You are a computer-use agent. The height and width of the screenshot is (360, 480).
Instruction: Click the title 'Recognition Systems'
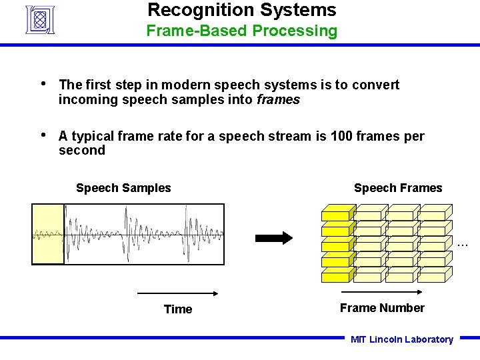pyautogui.click(x=241, y=10)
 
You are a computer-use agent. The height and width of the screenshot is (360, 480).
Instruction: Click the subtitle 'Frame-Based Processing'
pyautogui.click(x=241, y=31)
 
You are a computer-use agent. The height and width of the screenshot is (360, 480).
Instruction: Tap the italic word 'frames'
pyautogui.click(x=278, y=99)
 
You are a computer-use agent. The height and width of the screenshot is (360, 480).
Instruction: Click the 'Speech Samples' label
pyautogui.click(x=123, y=188)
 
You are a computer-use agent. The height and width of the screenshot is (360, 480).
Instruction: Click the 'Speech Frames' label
pyautogui.click(x=397, y=188)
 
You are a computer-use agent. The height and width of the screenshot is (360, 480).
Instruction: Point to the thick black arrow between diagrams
pyautogui.click(x=274, y=238)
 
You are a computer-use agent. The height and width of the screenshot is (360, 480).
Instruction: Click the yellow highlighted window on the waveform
pyautogui.click(x=49, y=234)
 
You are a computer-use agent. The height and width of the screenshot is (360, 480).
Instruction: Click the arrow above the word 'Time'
pyautogui.click(x=178, y=293)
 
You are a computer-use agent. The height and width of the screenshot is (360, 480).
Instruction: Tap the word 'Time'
pyautogui.click(x=178, y=309)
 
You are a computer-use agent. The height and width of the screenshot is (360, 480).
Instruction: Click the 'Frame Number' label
pyautogui.click(x=382, y=308)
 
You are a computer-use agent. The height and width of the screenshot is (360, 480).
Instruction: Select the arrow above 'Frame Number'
pyautogui.click(x=381, y=292)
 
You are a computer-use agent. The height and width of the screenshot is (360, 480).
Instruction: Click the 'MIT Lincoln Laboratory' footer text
pyautogui.click(x=402, y=339)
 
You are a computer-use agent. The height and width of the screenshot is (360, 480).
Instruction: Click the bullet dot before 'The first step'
pyautogui.click(x=43, y=84)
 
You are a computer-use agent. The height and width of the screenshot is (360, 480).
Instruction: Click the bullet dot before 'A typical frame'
pyautogui.click(x=43, y=136)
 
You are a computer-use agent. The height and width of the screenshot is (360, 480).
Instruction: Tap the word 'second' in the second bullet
pyautogui.click(x=82, y=151)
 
